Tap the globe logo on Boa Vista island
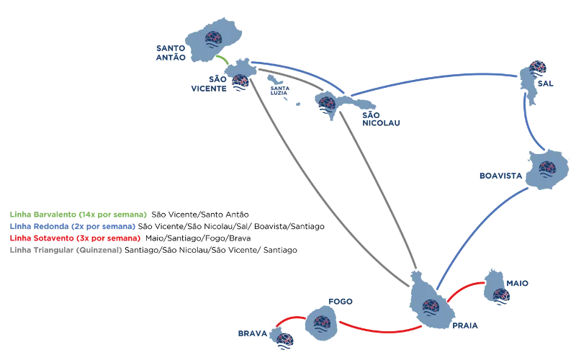546,171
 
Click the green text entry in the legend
78,215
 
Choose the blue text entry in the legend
73,226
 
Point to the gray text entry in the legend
65,251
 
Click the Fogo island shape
318,324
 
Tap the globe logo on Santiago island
430,308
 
